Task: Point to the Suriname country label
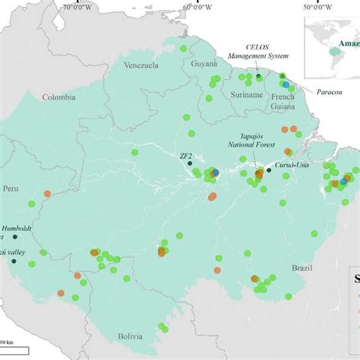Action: click(245, 96)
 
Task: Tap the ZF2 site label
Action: click(185, 156)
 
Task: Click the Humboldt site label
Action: click(17, 227)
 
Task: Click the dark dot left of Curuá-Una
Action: click(269, 170)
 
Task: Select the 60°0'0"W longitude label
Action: click(197, 7)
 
